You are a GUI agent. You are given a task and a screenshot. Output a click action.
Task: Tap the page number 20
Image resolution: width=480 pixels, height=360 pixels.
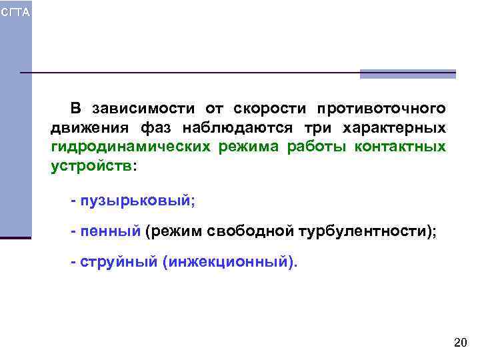tap(460, 343)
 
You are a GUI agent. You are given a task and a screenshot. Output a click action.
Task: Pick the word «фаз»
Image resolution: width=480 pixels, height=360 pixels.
tap(156, 128)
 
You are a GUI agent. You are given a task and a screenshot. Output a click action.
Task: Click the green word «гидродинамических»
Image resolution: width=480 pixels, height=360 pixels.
tap(131, 147)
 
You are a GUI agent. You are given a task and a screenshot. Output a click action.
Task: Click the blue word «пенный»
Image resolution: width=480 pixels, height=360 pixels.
tap(110, 231)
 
